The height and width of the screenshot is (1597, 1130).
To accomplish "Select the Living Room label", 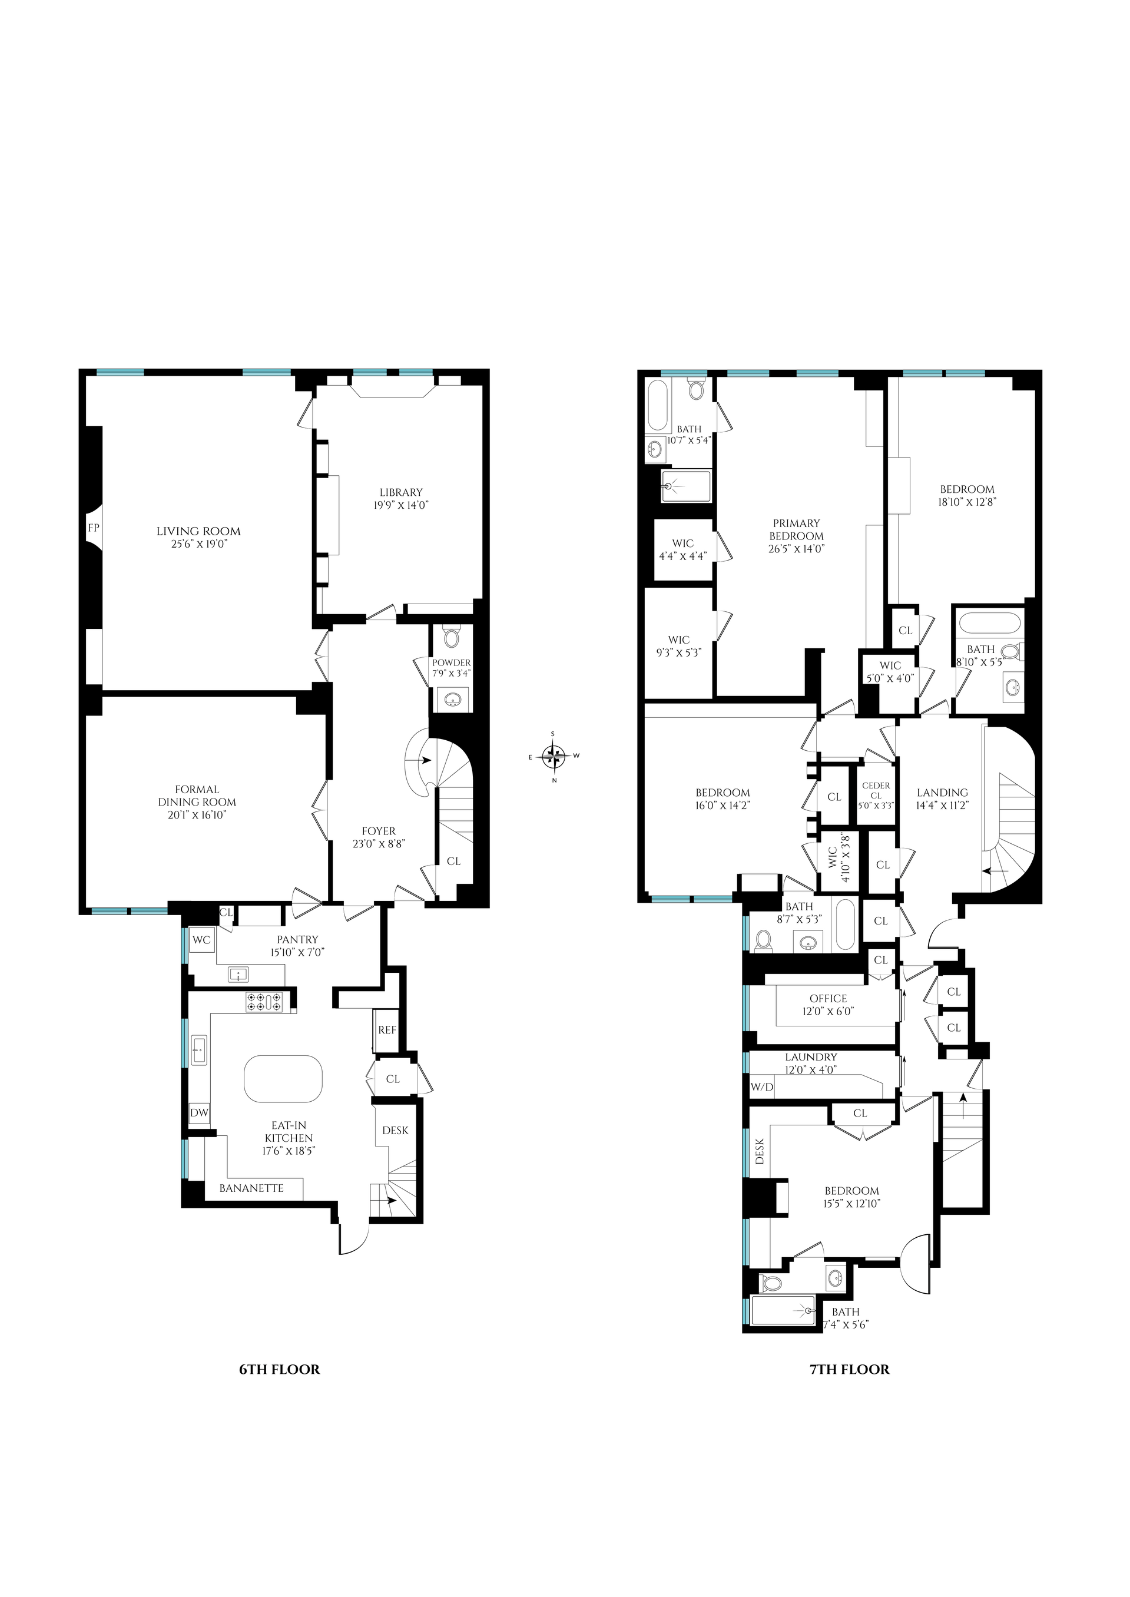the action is [x=198, y=532].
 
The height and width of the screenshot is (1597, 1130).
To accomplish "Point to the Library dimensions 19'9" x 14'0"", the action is [x=401, y=505].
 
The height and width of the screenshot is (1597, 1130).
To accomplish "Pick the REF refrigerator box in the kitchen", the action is [x=387, y=1030].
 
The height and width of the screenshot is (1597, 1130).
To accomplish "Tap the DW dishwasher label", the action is [x=200, y=1113].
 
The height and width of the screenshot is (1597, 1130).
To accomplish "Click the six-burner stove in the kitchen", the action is [x=264, y=1002].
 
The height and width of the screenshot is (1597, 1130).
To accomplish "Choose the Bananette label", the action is [x=251, y=1188].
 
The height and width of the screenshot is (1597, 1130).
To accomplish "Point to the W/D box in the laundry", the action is [x=762, y=1087].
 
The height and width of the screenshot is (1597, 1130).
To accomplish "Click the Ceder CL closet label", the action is [x=876, y=790].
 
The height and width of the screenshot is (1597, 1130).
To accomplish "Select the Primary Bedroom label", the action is [x=797, y=529].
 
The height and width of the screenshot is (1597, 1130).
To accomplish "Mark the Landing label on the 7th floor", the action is [x=942, y=793].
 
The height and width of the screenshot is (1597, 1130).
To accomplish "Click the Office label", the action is [x=828, y=999].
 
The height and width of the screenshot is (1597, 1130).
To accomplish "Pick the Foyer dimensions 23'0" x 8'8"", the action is [x=379, y=843].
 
